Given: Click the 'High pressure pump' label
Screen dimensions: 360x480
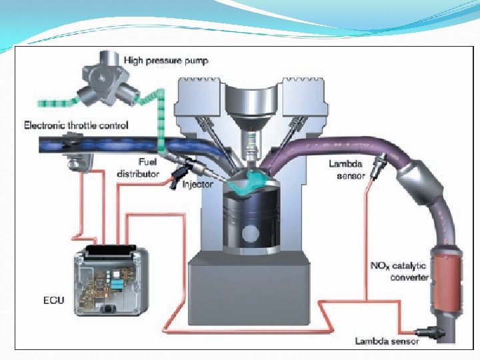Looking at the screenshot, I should click(x=166, y=60).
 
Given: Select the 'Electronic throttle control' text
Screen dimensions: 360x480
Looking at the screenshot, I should click(x=76, y=125).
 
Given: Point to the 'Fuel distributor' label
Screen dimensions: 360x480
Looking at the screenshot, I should click(x=138, y=167).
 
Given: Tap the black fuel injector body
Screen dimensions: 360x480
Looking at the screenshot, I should click(x=182, y=172).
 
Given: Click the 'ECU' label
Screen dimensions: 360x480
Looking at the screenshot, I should click(x=49, y=300).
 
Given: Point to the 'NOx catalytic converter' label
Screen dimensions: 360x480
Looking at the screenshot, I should click(x=399, y=271).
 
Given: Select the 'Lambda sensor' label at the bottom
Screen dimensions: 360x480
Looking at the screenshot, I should click(x=386, y=341).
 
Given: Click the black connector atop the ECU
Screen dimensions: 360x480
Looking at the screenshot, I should click(x=111, y=249).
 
